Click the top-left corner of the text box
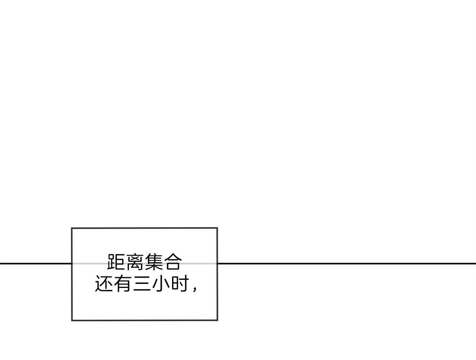(x=72, y=228)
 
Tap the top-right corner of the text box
(x=217, y=228)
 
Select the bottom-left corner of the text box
(x=72, y=320)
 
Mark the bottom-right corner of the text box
(x=217, y=320)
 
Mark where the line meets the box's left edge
(x=72, y=263)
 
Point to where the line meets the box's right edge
(x=217, y=263)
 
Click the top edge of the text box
(x=144, y=228)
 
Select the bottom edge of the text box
(x=144, y=320)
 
